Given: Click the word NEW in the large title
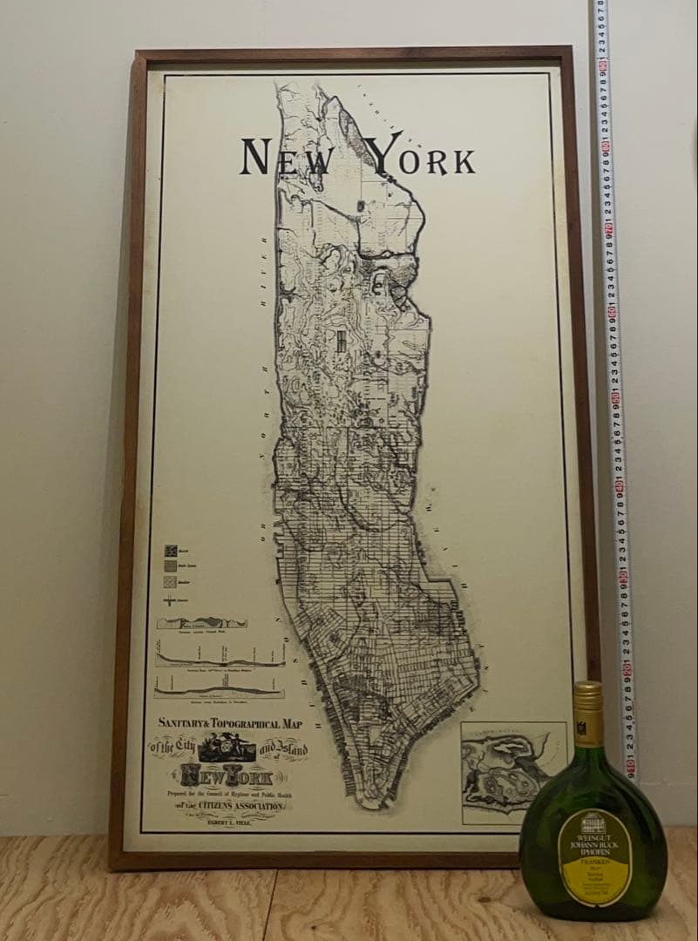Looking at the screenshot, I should [287, 158].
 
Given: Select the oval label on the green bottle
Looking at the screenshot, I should [595, 855].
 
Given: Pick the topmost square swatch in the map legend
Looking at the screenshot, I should [172, 551].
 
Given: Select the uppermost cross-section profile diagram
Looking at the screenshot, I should [201, 623].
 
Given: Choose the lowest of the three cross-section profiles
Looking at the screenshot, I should [219, 688].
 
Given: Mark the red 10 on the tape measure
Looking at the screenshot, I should [628, 766].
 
